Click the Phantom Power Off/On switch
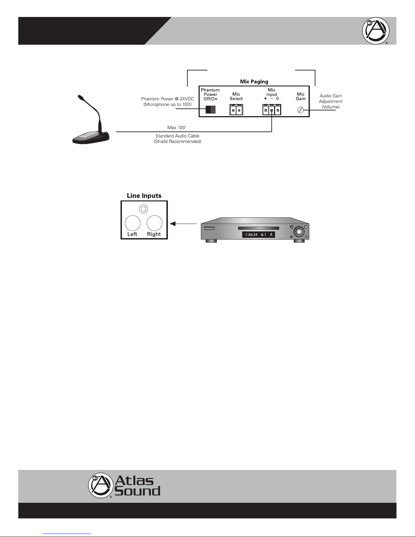[210, 110]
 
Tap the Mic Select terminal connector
[236, 110]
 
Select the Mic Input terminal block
[271, 110]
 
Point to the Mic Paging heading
[254, 81]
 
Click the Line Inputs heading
[144, 195]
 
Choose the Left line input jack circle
[132, 223]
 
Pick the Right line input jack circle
[154, 223]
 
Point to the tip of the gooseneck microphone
[80, 97]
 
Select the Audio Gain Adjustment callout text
[331, 101]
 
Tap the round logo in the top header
[375, 31]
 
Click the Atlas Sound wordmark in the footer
[137, 486]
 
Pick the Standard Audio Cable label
[178, 139]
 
